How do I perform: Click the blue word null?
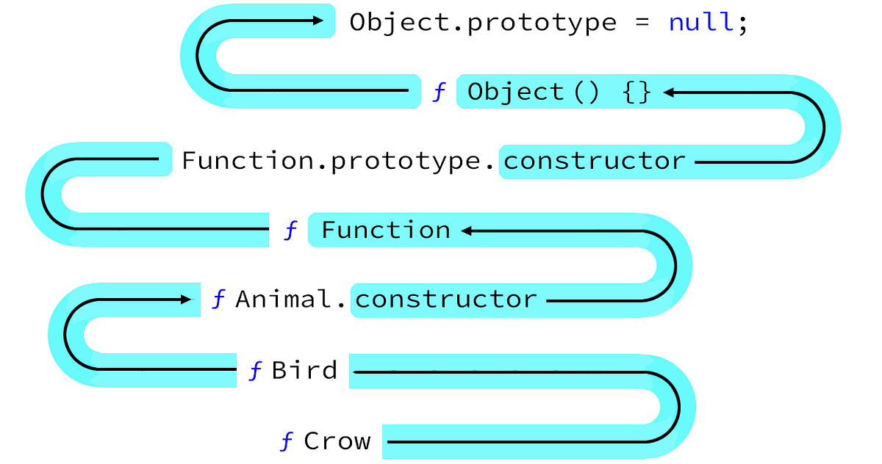700,22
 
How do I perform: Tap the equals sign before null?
642,22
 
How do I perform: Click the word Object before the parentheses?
515,93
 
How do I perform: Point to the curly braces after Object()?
637,93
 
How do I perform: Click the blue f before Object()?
439,93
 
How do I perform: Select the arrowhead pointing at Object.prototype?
318,21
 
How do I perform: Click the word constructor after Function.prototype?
594,161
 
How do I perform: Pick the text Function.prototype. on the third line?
339,161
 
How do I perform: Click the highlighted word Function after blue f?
386,231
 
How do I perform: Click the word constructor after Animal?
445,300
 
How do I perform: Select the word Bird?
304,370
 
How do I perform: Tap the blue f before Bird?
255,371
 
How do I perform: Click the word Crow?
337,441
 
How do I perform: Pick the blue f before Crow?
287,442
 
